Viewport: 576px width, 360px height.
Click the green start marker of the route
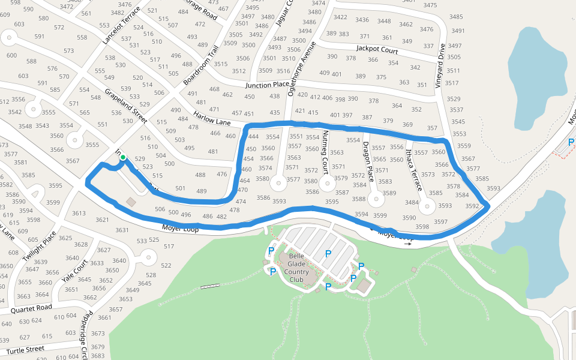[122, 158]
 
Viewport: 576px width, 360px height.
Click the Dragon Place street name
[367, 161]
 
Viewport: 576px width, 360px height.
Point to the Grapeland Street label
[125, 106]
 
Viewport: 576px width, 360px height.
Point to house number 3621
[102, 220]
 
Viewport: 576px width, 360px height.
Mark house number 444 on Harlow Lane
[253, 137]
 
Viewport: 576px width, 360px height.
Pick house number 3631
[122, 230]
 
